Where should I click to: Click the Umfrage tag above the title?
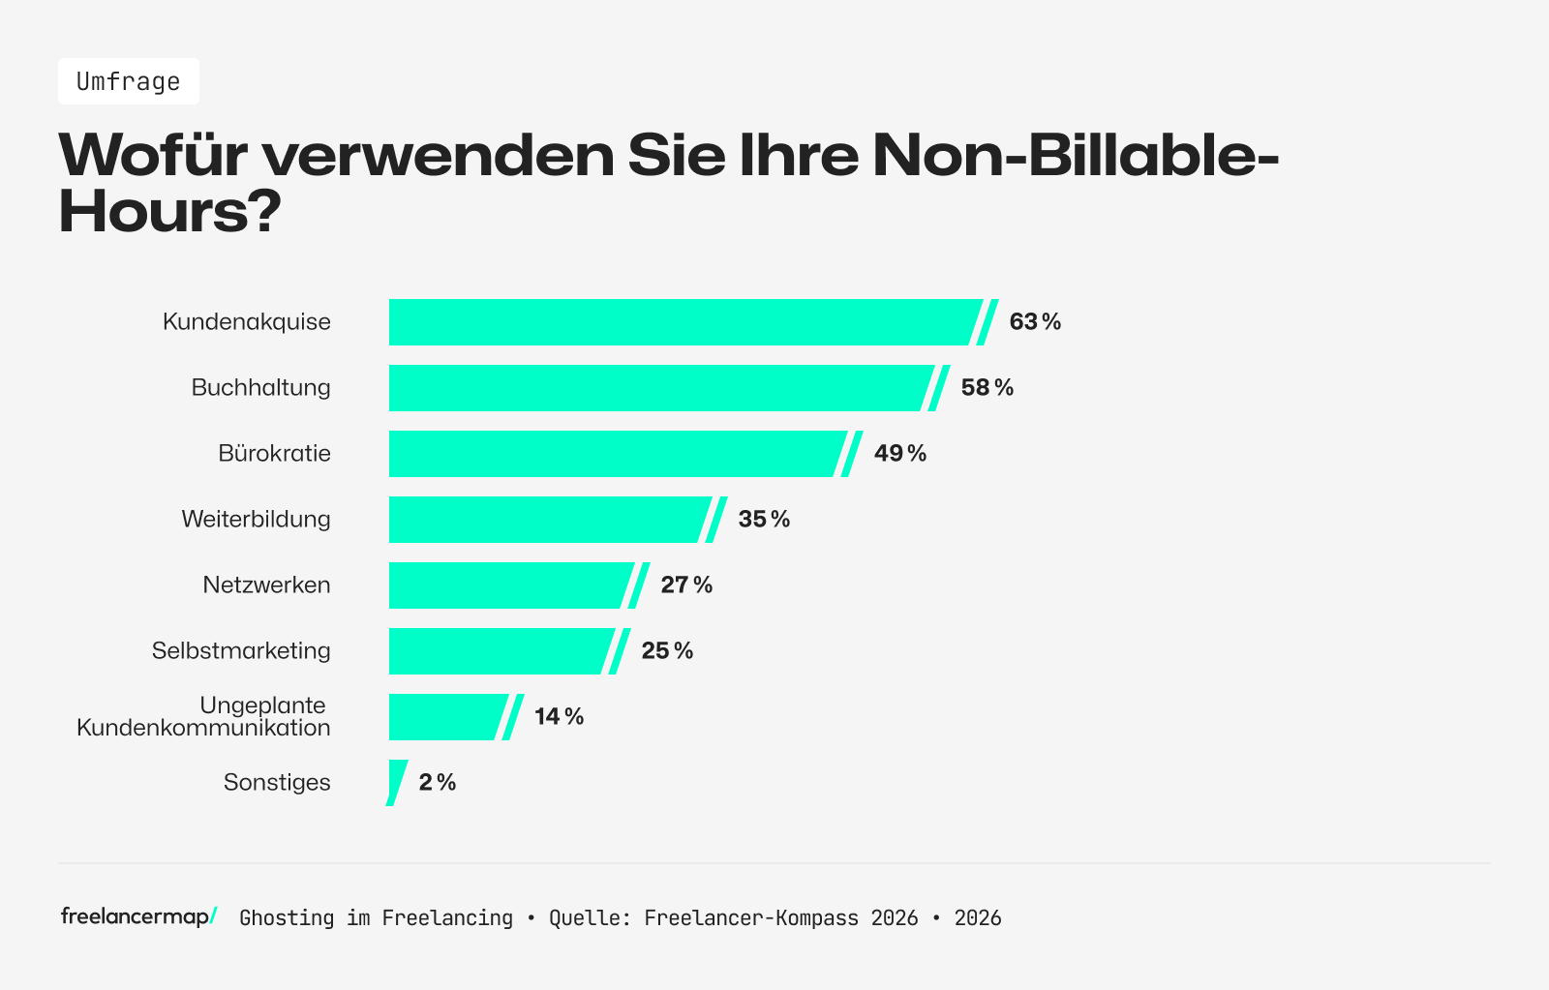[x=128, y=81]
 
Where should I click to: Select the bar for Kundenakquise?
[x=683, y=322]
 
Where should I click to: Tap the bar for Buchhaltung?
[x=658, y=388]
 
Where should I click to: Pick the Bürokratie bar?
[x=615, y=454]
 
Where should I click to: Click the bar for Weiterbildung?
[x=547, y=520]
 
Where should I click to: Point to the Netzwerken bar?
[x=508, y=585]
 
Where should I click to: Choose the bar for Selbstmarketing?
[x=499, y=651]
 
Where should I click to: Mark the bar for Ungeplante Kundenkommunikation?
[x=445, y=717]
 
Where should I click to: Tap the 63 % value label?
[x=1035, y=322]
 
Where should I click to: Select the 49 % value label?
[x=899, y=454]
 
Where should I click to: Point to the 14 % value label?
[x=559, y=717]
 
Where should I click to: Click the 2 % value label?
[x=437, y=783]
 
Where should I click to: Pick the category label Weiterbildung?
[x=256, y=520]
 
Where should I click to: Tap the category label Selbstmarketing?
[x=241, y=651]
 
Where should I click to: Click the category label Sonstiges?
[x=277, y=783]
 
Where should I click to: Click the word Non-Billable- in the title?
[x=1075, y=155]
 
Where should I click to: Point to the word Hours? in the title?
[x=169, y=211]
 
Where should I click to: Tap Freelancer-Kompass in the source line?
[x=750, y=918]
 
